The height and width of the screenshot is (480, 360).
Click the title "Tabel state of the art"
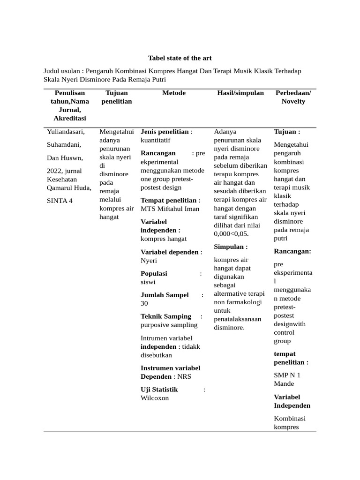pos(180,58)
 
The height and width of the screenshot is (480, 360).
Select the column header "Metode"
pos(174,93)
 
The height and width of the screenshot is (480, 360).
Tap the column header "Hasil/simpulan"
pos(240,93)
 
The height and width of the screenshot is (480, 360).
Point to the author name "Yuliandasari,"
pos(66,132)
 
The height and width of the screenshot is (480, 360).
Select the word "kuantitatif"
pos(156,140)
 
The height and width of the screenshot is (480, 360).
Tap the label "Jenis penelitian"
pos(165,132)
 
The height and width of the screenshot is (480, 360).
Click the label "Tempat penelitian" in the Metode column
pos(168,201)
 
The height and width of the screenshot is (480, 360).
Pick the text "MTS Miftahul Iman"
pos(170,209)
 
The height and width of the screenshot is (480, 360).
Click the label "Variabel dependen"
pos(170,252)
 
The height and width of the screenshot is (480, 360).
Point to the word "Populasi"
pos(154,274)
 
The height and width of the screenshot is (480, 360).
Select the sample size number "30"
pos(144,304)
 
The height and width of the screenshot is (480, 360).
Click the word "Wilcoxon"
pos(155,398)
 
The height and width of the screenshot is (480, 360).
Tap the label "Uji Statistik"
pos(159,390)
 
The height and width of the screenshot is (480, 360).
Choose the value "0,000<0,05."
pos(231,234)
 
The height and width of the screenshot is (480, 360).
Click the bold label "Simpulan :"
pos(231,247)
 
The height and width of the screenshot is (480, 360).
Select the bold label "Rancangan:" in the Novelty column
pos(292,252)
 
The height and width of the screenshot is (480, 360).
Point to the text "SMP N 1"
pos(287,375)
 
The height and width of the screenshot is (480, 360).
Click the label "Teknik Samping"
pos(166,316)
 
